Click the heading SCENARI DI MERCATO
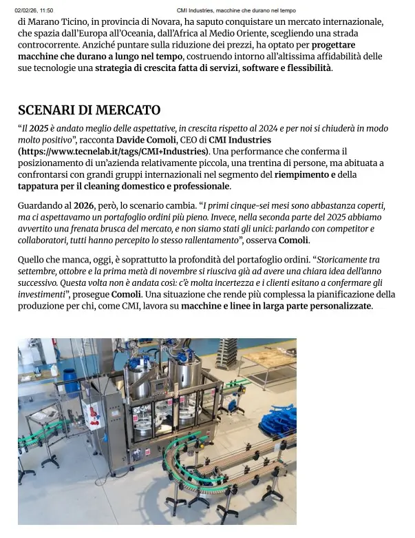tap(89, 110)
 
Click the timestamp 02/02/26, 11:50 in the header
tap(34, 10)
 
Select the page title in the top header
tap(236, 10)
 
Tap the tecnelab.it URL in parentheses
tap(114, 151)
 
